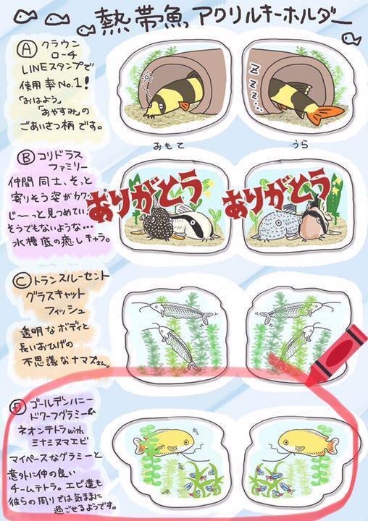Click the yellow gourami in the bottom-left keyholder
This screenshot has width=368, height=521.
169,439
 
